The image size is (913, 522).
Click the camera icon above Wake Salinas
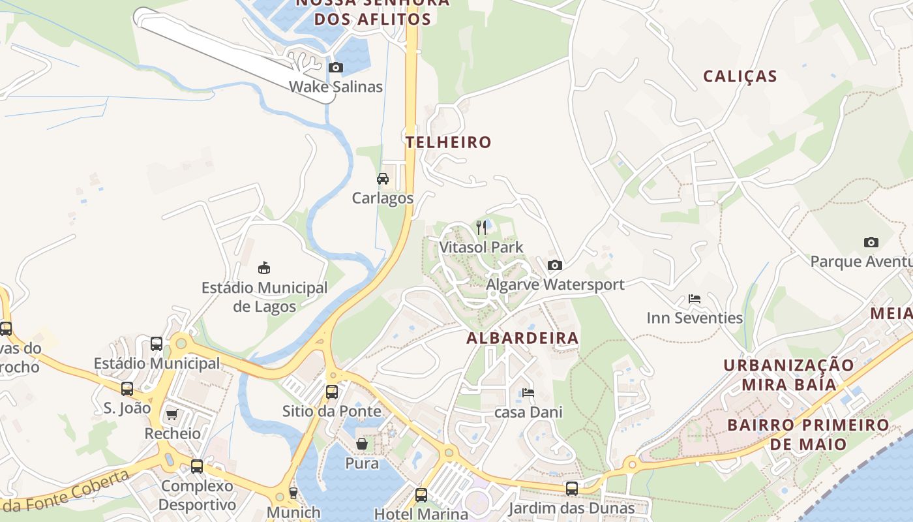(x=336, y=67)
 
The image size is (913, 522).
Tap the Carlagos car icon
(x=383, y=179)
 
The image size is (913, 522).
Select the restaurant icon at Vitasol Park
(x=481, y=228)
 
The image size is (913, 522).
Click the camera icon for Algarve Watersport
(x=555, y=265)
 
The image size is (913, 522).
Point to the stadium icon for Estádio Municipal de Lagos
(x=264, y=268)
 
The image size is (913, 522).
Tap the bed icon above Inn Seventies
(x=695, y=299)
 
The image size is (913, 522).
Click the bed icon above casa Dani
(x=528, y=393)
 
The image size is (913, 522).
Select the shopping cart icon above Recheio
(x=172, y=414)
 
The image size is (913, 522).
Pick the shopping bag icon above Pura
(x=362, y=444)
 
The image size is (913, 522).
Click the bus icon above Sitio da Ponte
(x=332, y=392)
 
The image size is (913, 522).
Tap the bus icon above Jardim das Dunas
(x=572, y=489)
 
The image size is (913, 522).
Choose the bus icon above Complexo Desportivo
(x=197, y=467)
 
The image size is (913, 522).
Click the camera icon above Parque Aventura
(x=871, y=243)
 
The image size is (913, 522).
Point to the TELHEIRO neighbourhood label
(x=449, y=142)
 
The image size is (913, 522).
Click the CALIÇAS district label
(x=740, y=76)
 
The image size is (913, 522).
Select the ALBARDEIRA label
(x=522, y=338)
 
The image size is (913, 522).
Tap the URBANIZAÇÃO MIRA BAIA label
(x=788, y=375)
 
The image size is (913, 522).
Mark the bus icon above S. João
(x=127, y=389)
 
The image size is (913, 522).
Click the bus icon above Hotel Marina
(x=421, y=495)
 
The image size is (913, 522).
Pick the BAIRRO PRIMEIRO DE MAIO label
(x=808, y=435)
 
